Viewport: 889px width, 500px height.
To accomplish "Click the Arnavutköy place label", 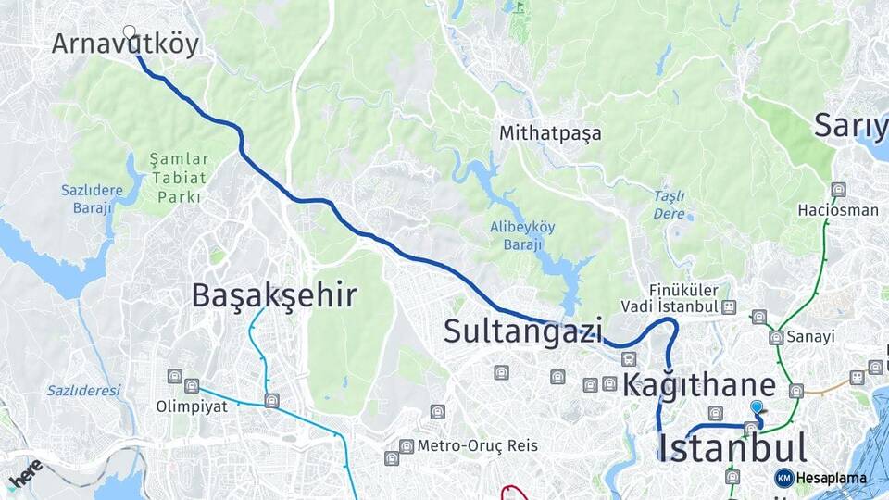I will click(125, 44).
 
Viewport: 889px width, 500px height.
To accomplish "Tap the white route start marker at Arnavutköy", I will click(130, 31).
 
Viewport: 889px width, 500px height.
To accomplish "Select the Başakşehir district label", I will click(274, 295).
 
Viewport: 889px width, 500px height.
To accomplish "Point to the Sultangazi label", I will click(523, 331).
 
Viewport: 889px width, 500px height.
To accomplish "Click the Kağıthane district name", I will click(699, 385).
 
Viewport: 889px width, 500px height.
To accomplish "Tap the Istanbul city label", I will click(732, 447).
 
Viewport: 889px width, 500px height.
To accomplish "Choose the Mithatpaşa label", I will click(550, 133).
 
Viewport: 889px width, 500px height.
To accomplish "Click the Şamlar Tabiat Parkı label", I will click(179, 178).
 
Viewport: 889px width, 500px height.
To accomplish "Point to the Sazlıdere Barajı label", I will click(93, 198).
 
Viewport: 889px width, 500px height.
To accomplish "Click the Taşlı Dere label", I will click(669, 204).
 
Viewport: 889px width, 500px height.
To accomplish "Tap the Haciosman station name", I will click(838, 210).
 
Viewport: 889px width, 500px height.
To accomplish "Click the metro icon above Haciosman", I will click(838, 190).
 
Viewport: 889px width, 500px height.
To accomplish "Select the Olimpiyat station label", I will click(191, 406).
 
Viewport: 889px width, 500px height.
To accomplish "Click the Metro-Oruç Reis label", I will click(477, 445).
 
